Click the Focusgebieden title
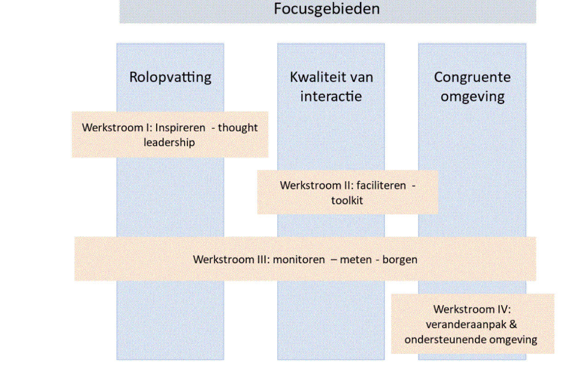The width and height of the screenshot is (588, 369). [327, 9]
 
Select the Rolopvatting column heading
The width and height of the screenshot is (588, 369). [170, 78]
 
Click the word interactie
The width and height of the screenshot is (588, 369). [331, 96]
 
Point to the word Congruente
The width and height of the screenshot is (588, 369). [472, 78]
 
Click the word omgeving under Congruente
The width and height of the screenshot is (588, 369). [473, 97]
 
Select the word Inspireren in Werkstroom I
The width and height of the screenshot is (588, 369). [180, 128]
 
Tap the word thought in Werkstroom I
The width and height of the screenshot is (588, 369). [238, 128]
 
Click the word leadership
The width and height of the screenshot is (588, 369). [169, 143]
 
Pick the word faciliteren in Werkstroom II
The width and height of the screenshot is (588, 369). [381, 186]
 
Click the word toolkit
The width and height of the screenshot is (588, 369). [347, 201]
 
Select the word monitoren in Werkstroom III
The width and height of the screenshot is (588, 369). [299, 260]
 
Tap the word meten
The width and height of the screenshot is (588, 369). [356, 260]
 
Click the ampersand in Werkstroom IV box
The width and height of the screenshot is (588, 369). [513, 325]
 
